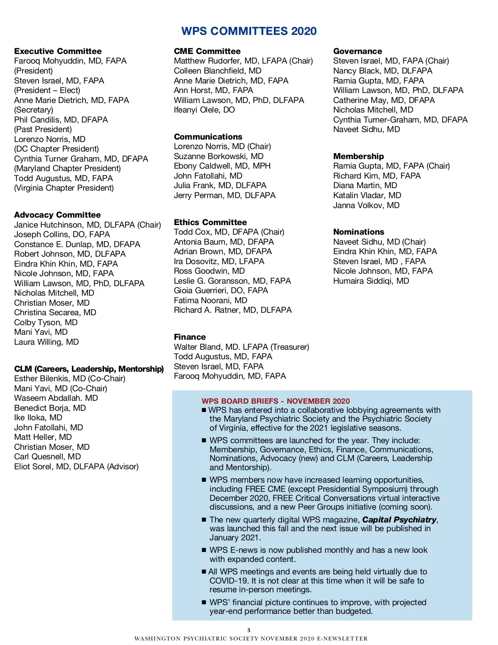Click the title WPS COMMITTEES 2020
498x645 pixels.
(x=249, y=31)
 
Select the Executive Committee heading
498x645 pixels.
(x=58, y=51)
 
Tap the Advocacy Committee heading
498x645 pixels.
(x=57, y=215)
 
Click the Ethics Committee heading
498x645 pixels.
(x=210, y=222)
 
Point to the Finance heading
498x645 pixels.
(x=190, y=337)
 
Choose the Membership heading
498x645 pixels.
(x=358, y=156)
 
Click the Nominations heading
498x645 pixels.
(x=359, y=232)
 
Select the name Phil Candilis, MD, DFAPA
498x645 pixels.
(x=61, y=120)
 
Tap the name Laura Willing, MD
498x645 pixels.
(x=46, y=342)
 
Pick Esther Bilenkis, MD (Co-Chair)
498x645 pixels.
(x=69, y=378)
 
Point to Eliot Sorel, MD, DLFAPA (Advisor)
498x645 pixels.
(x=76, y=466)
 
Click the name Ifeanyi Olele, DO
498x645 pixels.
(x=204, y=110)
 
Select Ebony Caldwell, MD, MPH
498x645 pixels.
(x=222, y=166)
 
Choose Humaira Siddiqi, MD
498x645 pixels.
(x=371, y=281)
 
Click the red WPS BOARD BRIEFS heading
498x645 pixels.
(x=276, y=401)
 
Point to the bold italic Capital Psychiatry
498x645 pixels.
(x=399, y=520)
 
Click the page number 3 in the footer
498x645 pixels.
(x=249, y=630)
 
